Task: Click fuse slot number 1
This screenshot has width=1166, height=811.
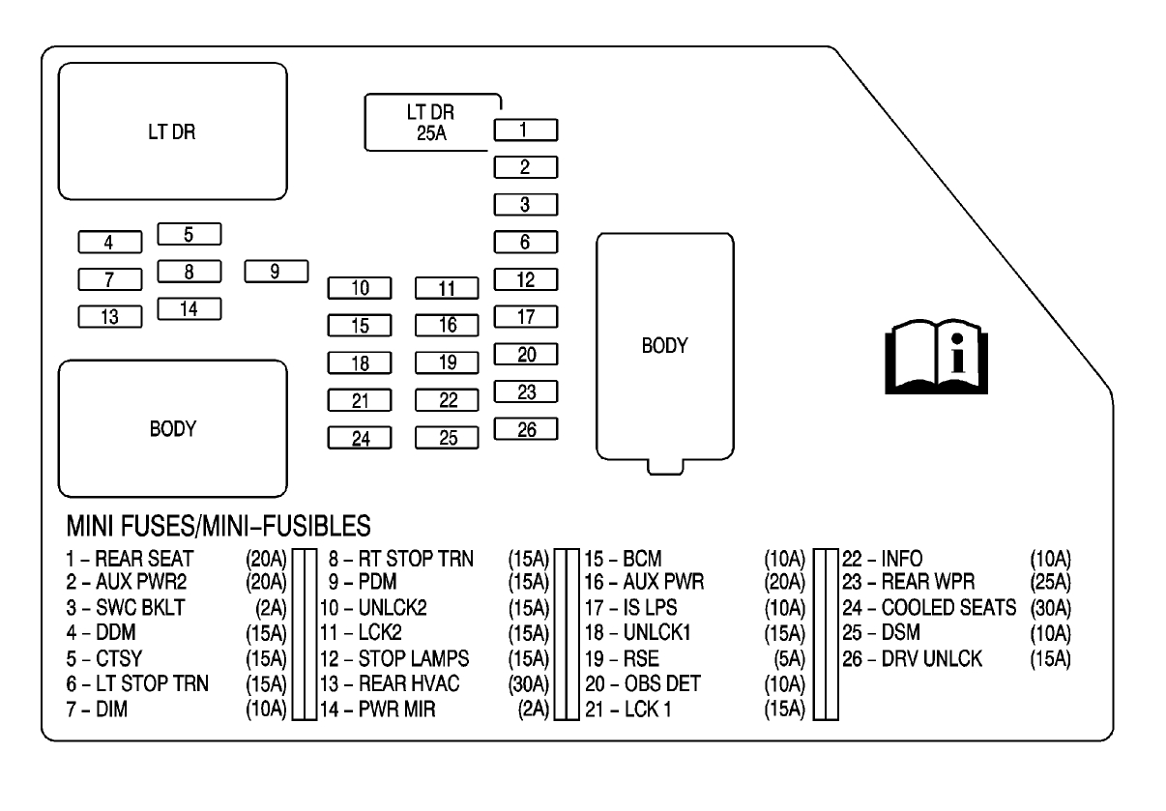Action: pos(525,130)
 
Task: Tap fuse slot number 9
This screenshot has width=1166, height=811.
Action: pos(276,271)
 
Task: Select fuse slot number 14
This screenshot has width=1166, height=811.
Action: pos(189,308)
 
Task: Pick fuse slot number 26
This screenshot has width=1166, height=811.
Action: pos(525,429)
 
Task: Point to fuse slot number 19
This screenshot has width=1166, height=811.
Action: pos(448,363)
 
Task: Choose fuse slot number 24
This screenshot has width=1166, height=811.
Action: pos(360,438)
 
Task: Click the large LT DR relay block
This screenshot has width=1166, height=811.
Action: pos(173,132)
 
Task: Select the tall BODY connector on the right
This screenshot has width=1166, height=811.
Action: pos(664,345)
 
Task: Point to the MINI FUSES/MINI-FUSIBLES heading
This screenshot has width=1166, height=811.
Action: pos(219,527)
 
